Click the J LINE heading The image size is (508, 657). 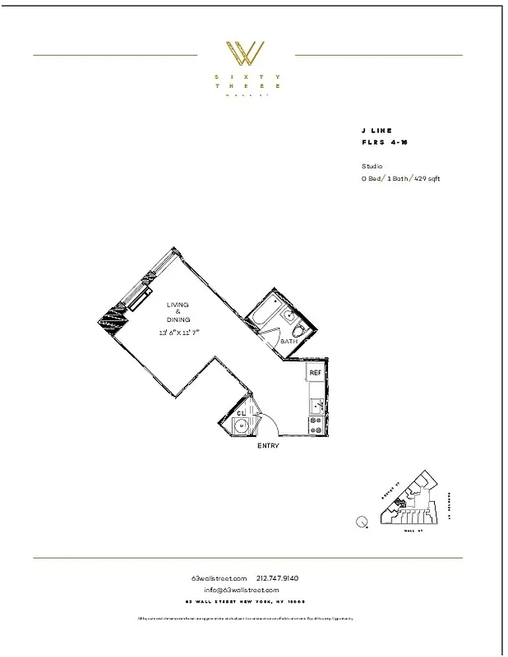tap(376, 131)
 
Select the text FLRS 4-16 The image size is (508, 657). tap(384, 142)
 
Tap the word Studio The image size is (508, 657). tap(372, 166)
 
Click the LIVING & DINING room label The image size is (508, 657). tap(178, 312)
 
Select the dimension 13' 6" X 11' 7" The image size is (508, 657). tap(179, 332)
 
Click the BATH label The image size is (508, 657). tap(288, 341)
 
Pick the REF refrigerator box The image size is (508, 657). tap(315, 373)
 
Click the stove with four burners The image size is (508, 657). tap(315, 425)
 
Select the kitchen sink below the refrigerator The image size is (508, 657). tap(315, 403)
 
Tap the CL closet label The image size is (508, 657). tap(242, 412)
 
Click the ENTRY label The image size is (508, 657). tap(268, 446)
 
